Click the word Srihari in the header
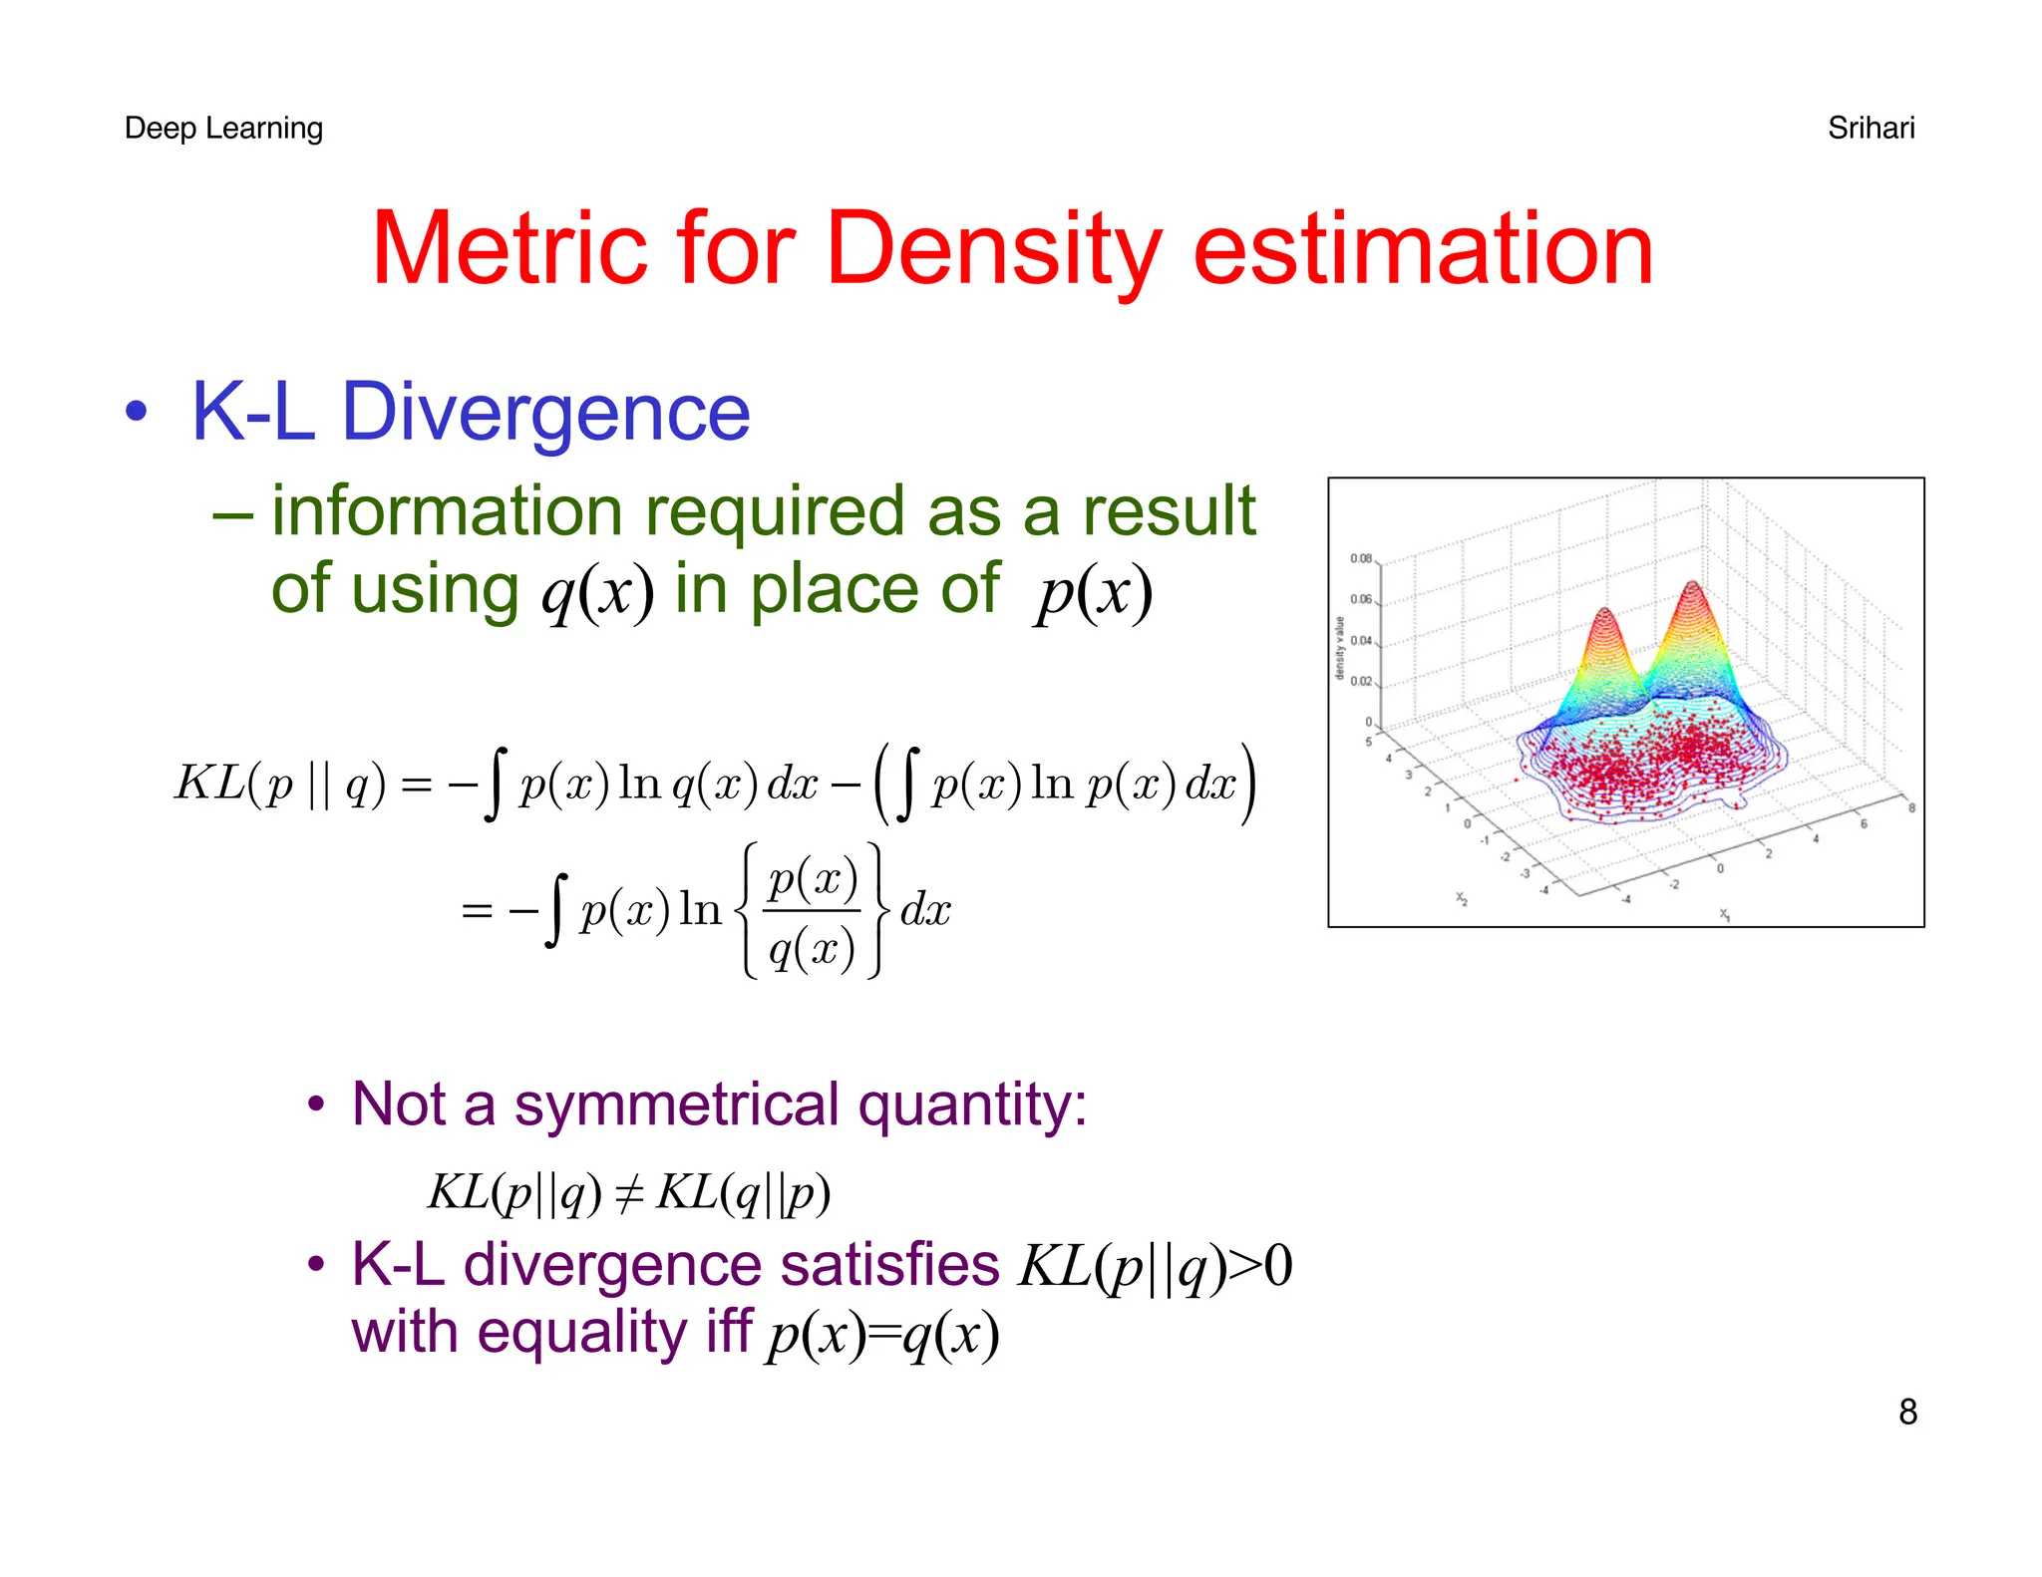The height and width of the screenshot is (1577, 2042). tap(1871, 129)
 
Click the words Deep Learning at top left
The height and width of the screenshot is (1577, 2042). tap(223, 129)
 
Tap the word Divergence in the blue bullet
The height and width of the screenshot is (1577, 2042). tap(545, 412)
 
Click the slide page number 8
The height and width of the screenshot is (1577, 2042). tap(1907, 1412)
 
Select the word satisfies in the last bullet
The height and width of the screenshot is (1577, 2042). tap(889, 1265)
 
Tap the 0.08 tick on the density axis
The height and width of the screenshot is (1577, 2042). tap(1361, 558)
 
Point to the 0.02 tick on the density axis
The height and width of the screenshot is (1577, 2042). tap(1361, 682)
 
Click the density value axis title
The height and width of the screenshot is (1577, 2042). tap(1340, 648)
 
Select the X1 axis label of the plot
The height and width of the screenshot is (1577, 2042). tap(1725, 913)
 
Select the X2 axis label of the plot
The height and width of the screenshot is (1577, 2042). tap(1462, 898)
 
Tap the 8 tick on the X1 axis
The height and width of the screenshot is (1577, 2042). tap(1910, 807)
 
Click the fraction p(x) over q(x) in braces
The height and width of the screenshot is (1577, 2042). tap(812, 911)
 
